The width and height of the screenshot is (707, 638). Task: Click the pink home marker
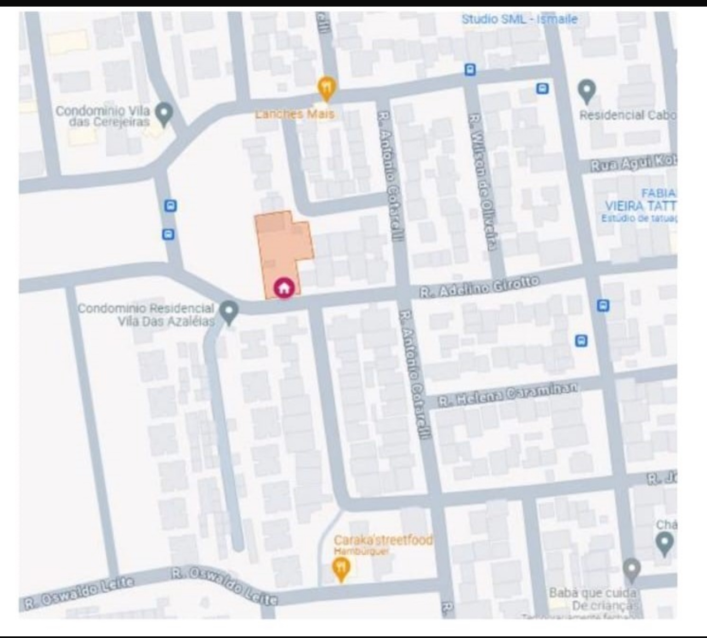pos(283,288)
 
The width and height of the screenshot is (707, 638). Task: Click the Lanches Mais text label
pos(295,114)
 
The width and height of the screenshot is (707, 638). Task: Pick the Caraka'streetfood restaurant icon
pos(341,568)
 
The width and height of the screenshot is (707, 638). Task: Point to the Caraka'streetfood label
pos(383,540)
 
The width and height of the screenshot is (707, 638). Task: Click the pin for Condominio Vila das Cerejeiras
pos(164,113)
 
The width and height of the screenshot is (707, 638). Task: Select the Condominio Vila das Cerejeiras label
pos(102,116)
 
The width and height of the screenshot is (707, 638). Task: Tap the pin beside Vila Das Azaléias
pos(229,312)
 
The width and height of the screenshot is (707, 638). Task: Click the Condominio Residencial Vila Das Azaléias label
pos(146,315)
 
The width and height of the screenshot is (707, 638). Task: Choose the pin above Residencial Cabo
pos(587,91)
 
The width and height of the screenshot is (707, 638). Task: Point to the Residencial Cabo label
pos(628,115)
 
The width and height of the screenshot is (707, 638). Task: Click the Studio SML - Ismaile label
pos(519,19)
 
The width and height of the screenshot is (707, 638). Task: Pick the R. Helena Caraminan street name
pos(508,394)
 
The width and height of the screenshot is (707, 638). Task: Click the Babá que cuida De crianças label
pos(593,599)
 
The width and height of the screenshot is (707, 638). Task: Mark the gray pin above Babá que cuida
pos(631,570)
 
